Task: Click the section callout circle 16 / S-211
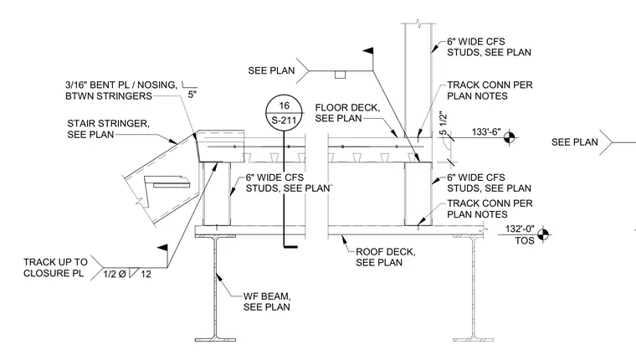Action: [284, 113]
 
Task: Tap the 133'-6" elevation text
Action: [486, 132]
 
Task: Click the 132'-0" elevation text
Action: [520, 229]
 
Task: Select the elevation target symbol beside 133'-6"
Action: [510, 137]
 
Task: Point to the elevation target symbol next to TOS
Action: [543, 234]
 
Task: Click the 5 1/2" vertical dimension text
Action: [443, 124]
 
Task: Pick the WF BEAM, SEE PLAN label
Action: [266, 301]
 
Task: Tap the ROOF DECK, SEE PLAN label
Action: [385, 257]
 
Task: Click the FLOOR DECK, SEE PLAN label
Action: [347, 113]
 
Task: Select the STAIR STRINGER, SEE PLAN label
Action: [108, 129]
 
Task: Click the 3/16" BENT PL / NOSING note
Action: [121, 90]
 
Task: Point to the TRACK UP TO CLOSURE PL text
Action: [55, 267]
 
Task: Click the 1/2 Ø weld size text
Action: [115, 274]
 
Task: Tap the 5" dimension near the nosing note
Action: [192, 95]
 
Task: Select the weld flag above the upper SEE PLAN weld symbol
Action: [368, 51]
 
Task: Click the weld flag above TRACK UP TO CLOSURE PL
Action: [162, 248]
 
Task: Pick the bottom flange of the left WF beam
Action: [215, 339]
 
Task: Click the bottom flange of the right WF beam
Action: [473, 339]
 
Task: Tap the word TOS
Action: [525, 240]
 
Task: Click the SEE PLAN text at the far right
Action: [574, 142]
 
